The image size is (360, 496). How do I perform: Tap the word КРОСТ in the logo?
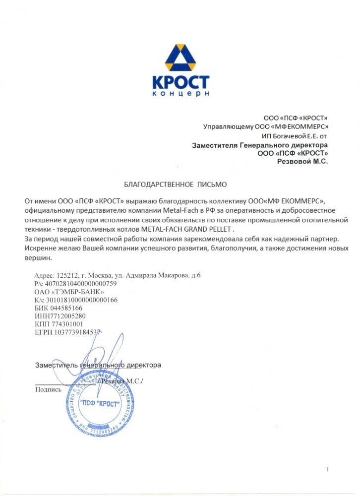pyautogui.click(x=179, y=82)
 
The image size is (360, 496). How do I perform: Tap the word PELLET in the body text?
pyautogui.click(x=217, y=229)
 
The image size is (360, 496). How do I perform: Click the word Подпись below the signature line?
pyautogui.click(x=48, y=389)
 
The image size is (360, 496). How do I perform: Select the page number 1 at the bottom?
pyautogui.click(x=328, y=469)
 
